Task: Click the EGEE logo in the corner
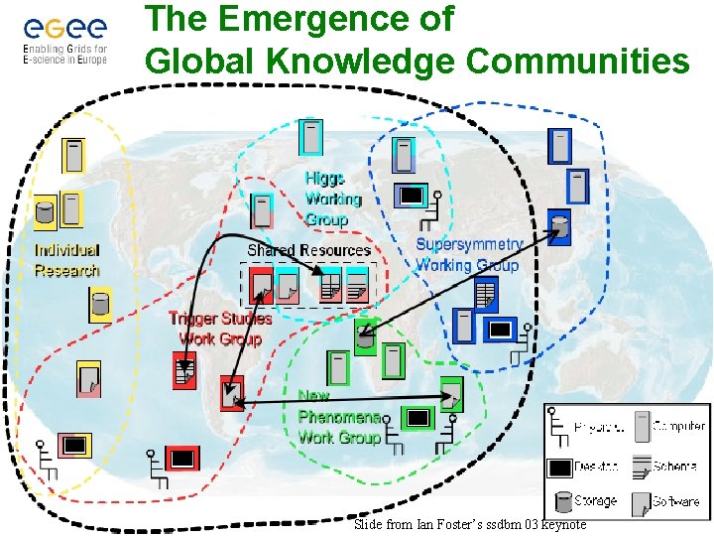click(x=64, y=37)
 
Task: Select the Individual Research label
click(x=67, y=260)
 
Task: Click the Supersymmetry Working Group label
click(x=468, y=254)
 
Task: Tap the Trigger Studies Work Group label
click(x=220, y=329)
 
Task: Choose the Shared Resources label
click(x=308, y=250)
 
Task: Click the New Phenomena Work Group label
click(x=339, y=416)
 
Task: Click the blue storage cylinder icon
click(x=560, y=228)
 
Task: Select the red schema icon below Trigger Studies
click(x=183, y=370)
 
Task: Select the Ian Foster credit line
click(x=470, y=524)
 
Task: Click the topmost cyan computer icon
click(x=311, y=137)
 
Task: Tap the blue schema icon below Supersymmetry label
click(x=485, y=293)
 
